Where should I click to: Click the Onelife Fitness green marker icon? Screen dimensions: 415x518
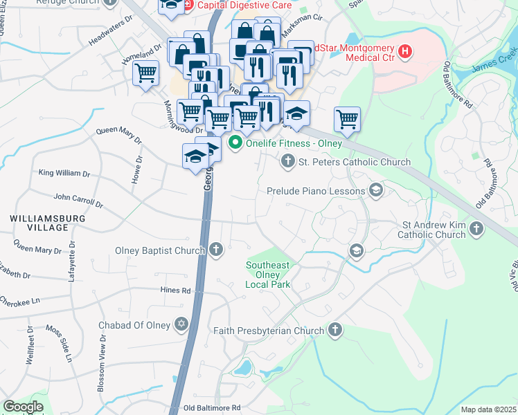click(x=235, y=144)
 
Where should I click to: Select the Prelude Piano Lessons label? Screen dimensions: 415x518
click(x=315, y=190)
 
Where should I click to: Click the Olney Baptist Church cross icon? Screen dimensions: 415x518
click(x=216, y=249)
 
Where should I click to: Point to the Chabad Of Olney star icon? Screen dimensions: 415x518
click(x=182, y=324)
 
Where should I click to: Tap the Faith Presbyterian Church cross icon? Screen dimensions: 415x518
click(x=335, y=331)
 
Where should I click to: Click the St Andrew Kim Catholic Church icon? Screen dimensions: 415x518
click(x=476, y=229)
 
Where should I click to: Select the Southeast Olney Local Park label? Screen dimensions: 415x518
click(x=268, y=275)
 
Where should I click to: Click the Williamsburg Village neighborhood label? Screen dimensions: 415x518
click(x=39, y=222)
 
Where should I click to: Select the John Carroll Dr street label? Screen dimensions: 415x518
click(x=78, y=200)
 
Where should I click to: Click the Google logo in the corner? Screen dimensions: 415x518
click(x=23, y=407)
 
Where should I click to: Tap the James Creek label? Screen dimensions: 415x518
click(x=494, y=60)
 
